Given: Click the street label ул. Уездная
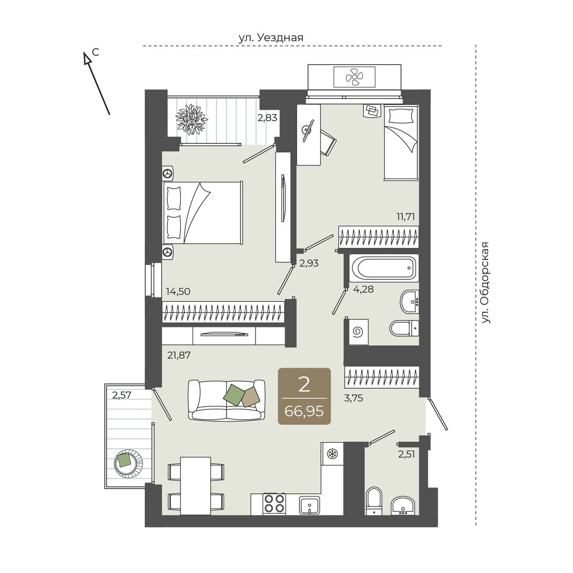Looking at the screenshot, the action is pos(271,38).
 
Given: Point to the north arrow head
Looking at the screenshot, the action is pos(87,58).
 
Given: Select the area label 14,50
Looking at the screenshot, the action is pos(178,291).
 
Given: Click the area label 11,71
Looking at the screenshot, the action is pos(405,216).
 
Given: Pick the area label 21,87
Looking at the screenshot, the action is pos(179,355).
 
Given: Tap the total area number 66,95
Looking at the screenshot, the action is pos(304,412).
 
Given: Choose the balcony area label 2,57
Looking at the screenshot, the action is pos(122,395).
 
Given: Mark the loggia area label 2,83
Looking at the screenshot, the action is pos(267,118).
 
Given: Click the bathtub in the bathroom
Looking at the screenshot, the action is pos(384,268).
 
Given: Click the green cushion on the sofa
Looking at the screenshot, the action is pos(233,394).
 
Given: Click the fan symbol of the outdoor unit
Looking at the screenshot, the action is pos(354,77).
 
